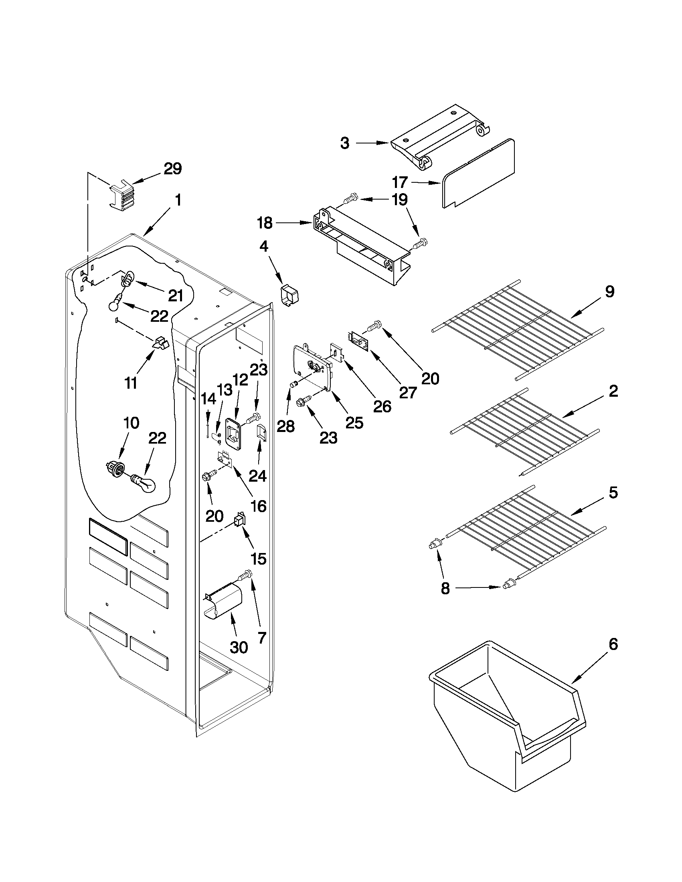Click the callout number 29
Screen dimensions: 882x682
[x=172, y=168]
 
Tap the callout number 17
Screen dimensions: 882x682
[x=400, y=183]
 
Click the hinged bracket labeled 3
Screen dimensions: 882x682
[x=440, y=137]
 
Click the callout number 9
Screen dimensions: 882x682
[x=609, y=291]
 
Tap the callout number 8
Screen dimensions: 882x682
[x=445, y=588]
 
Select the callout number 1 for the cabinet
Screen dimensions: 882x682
[x=178, y=200]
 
